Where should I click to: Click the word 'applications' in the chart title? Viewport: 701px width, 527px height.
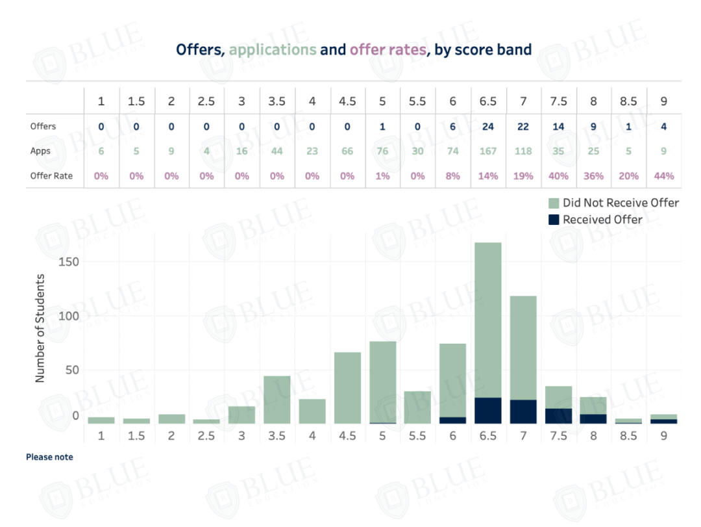(273, 49)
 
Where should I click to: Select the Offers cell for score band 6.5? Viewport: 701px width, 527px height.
(488, 127)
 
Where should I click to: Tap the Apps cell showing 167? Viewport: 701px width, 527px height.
(488, 151)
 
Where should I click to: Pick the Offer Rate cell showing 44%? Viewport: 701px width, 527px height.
(664, 175)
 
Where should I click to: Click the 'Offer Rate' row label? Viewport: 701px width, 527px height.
(51, 175)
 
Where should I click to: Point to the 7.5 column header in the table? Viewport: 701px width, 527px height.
(558, 101)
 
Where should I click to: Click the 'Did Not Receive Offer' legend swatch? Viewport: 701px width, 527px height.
(554, 203)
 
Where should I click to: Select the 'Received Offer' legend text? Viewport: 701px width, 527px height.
(602, 220)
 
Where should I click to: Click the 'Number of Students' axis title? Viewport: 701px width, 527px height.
(40, 328)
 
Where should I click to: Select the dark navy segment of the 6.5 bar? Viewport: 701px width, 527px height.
(488, 411)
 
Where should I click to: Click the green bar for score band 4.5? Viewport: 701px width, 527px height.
(347, 388)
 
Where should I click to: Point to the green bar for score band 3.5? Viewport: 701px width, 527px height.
(277, 400)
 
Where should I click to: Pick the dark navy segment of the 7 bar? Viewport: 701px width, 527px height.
(523, 412)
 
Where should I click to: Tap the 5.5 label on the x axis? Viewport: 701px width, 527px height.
(417, 436)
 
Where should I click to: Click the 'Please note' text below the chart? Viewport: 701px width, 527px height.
(49, 457)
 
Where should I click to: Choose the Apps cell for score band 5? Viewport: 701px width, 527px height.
(382, 151)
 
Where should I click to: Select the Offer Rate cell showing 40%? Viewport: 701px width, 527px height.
(558, 175)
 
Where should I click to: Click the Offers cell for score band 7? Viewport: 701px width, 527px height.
(523, 127)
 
